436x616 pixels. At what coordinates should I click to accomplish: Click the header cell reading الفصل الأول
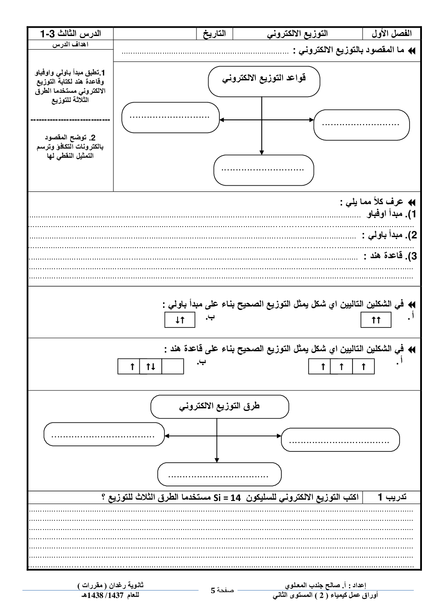tap(391, 34)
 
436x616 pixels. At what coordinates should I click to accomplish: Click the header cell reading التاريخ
tap(214, 34)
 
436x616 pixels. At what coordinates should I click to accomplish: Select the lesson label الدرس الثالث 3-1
tap(71, 34)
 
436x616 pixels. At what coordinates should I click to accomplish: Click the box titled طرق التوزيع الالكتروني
tap(219, 407)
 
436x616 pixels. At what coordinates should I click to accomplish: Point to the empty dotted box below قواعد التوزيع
tap(264, 170)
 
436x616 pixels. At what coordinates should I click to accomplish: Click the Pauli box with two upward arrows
tap(376, 320)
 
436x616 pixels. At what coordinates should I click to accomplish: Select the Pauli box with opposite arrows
tap(179, 320)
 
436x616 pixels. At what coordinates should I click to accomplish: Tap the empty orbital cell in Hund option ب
tap(173, 367)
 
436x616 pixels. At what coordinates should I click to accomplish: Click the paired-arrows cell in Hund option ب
tap(150, 367)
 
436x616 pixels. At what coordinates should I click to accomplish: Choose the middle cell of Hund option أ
tap(342, 367)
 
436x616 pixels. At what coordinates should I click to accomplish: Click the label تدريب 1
tap(392, 497)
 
